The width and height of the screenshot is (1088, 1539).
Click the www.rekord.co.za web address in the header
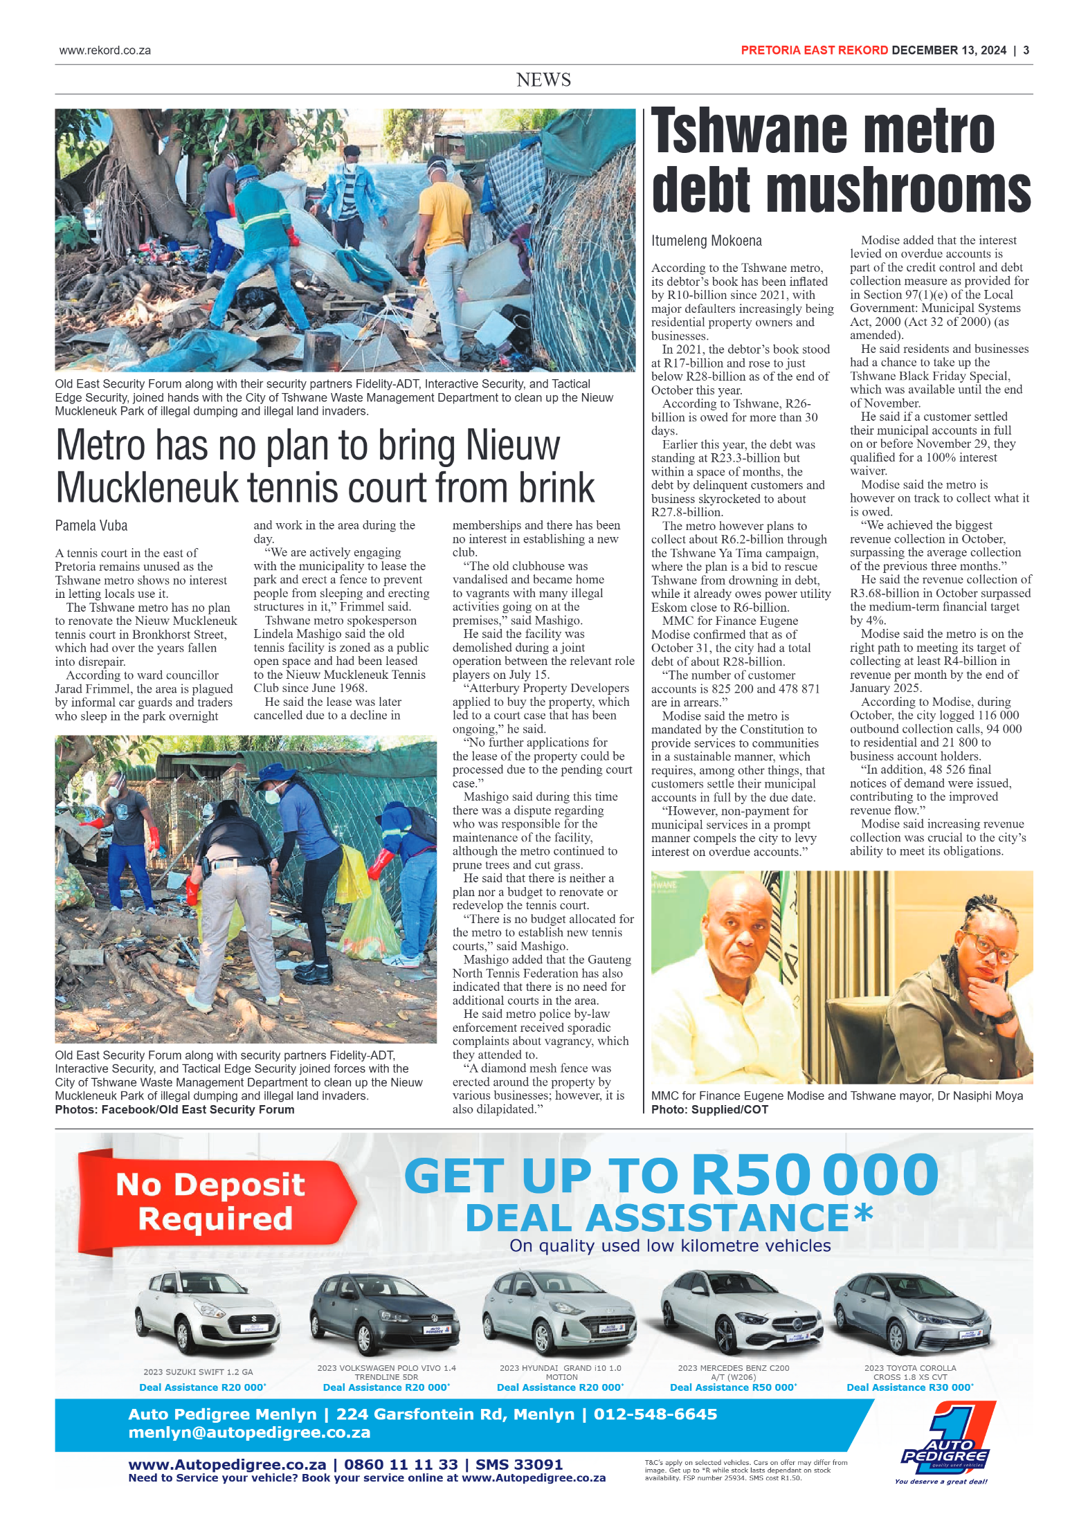pos(105,51)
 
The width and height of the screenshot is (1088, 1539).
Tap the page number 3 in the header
pos(1026,51)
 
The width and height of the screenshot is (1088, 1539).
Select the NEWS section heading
pos(543,80)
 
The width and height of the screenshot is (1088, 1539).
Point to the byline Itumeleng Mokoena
pos(706,241)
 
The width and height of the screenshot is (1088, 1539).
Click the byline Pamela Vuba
pos(91,526)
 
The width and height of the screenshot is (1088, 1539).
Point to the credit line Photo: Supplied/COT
pos(709,1109)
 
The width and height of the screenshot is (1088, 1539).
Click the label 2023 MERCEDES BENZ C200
pos(733,1368)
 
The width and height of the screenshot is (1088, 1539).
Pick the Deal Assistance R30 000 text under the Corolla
pos(909,1387)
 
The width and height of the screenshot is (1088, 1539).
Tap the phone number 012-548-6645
pos(655,1414)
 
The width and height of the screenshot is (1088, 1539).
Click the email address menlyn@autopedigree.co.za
pos(249,1432)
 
